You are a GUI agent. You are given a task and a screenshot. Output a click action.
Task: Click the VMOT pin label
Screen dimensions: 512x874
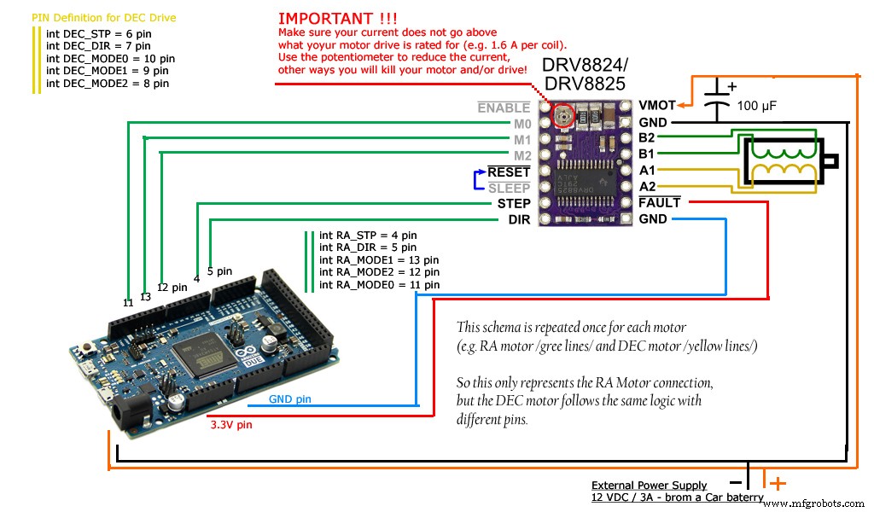pos(657,106)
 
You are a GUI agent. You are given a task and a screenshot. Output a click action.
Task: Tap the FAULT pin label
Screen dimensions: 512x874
pos(660,203)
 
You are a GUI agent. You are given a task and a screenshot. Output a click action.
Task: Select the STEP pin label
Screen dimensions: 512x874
pos(513,204)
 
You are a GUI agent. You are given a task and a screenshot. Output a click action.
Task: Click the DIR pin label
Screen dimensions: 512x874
pos(519,220)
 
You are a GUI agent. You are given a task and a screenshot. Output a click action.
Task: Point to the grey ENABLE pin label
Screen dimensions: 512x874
pos(504,108)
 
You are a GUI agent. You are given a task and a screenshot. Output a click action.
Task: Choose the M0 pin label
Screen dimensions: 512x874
pos(521,124)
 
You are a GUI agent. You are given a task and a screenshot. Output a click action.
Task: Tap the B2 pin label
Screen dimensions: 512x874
pos(647,138)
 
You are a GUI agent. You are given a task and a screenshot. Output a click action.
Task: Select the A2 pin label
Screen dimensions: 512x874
pos(647,187)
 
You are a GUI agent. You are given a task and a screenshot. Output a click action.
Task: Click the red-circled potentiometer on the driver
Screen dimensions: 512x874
pos(562,115)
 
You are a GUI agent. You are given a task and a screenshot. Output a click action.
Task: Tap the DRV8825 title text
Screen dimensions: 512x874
pos(584,84)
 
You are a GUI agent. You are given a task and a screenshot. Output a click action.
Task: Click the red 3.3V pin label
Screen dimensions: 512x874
pos(230,424)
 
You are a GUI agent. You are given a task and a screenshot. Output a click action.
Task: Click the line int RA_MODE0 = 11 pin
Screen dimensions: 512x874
pos(379,284)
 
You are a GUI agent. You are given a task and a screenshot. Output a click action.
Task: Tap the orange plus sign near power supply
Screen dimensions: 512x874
pos(778,484)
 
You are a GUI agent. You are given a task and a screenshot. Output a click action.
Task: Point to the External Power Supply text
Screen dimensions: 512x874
pos(649,486)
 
